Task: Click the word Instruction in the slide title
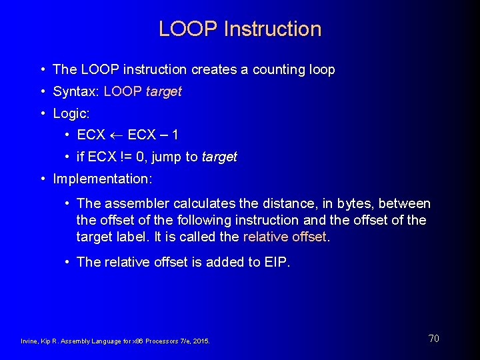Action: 273,29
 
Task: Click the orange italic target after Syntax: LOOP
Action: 163,91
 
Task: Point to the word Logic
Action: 69,113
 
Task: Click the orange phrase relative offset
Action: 285,237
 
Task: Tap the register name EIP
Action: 276,262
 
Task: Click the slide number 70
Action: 433,339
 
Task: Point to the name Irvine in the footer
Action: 29,341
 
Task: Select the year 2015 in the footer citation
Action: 201,341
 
